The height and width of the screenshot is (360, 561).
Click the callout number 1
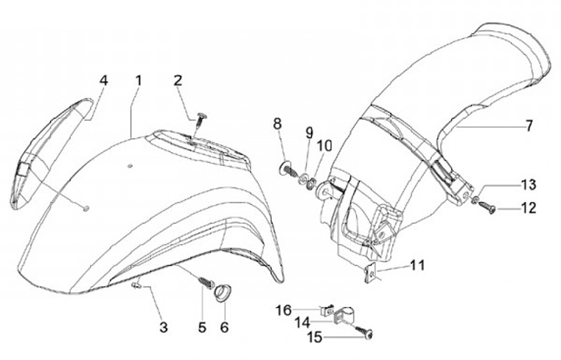click(138, 80)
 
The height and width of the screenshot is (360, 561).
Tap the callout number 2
click(178, 80)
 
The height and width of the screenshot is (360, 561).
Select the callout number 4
click(103, 80)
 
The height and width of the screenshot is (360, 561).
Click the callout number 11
click(418, 266)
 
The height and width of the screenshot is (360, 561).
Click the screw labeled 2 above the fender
click(202, 117)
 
